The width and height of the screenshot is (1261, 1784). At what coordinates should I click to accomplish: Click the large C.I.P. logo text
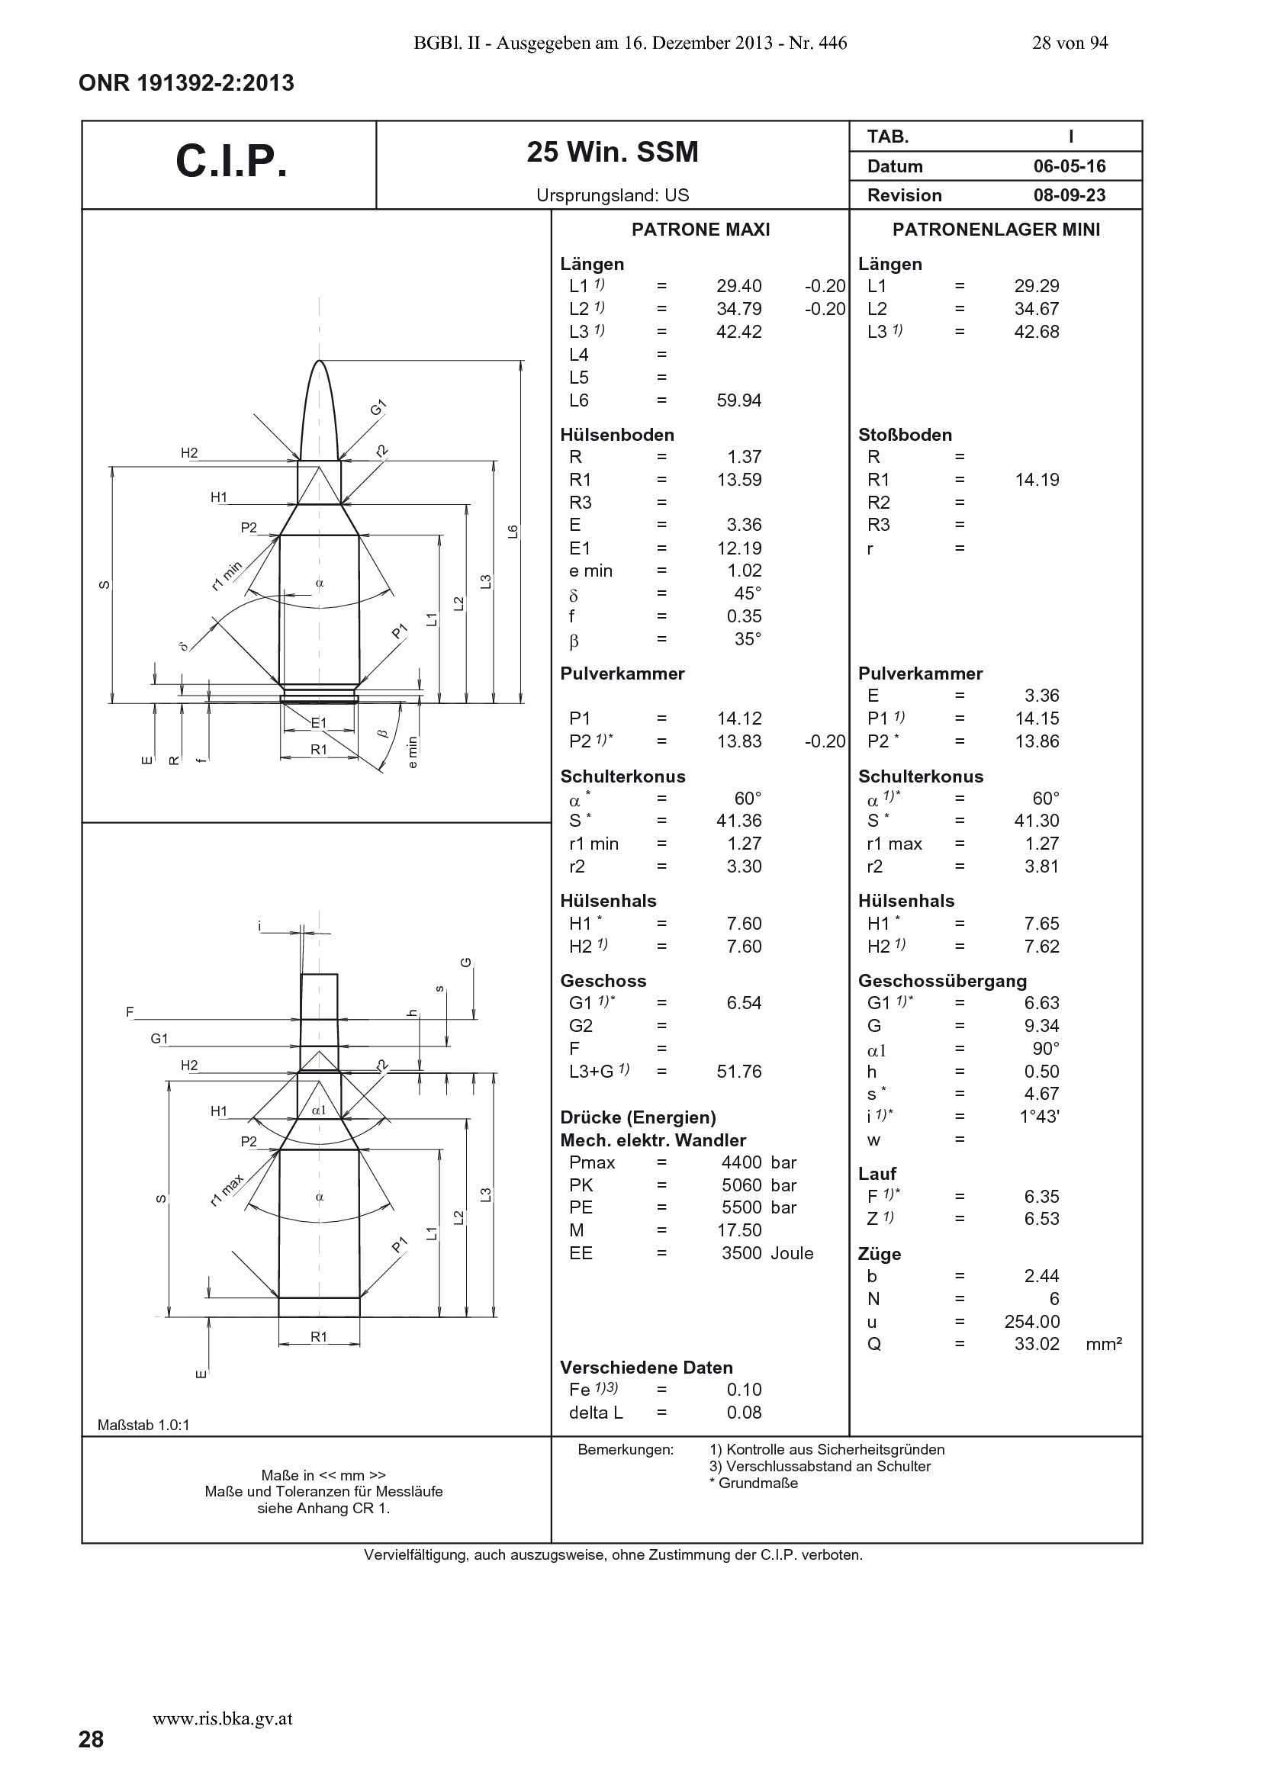click(232, 162)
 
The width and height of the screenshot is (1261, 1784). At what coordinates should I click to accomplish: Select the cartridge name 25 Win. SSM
click(613, 152)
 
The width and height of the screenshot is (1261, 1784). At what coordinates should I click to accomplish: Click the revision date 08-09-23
click(1069, 195)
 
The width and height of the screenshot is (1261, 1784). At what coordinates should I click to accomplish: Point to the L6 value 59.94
click(738, 400)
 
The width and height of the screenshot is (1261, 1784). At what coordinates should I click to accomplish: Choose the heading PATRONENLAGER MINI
click(996, 230)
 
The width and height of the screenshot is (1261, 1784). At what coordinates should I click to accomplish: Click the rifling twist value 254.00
click(1032, 1322)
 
